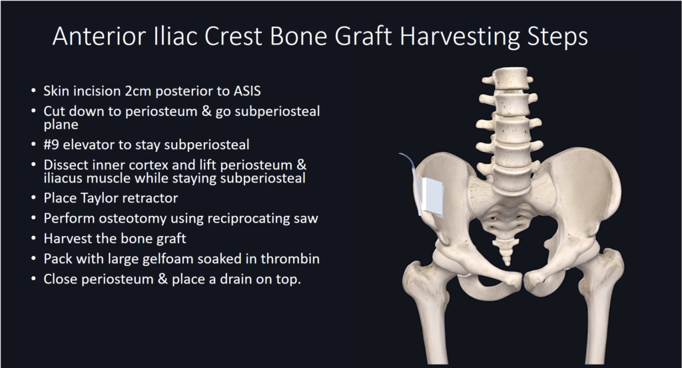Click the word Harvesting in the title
coord(460,37)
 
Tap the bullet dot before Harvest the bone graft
coord(34,239)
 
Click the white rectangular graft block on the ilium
coord(432,197)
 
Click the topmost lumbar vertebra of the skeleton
coord(511,79)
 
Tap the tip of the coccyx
coord(507,264)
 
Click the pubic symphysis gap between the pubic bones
coord(523,279)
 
